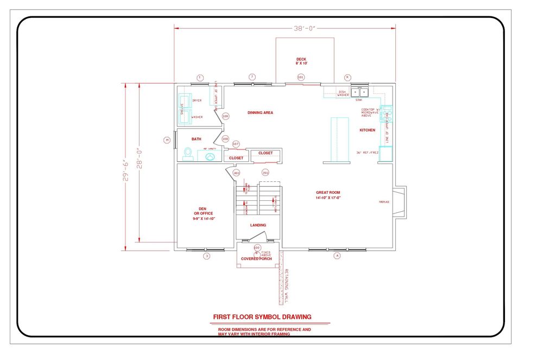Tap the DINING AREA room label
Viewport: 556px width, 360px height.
(260, 113)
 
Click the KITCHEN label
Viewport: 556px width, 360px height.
(367, 130)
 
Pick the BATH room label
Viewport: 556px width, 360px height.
(196, 139)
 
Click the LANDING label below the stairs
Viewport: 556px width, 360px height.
(258, 225)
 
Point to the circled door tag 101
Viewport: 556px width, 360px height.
(301, 78)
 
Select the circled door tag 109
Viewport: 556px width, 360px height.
(225, 116)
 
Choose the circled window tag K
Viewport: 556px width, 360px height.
(348, 78)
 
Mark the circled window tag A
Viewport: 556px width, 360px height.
(337, 256)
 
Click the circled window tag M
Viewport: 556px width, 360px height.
(167, 140)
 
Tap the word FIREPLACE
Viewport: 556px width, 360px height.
(384, 203)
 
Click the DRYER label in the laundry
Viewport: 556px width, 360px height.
(197, 100)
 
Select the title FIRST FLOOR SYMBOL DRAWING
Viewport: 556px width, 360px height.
(262, 317)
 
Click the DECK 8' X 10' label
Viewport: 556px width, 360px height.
(301, 61)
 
